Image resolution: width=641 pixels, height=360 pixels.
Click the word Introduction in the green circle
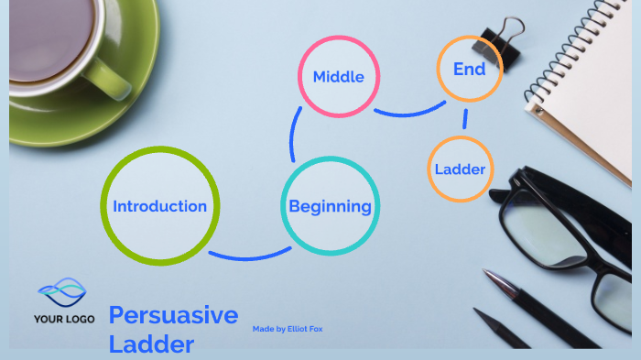[159, 206]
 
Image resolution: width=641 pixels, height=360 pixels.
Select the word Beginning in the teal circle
[330, 206]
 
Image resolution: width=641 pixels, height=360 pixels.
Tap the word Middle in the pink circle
[338, 76]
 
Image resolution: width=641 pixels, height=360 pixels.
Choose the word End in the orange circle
[469, 69]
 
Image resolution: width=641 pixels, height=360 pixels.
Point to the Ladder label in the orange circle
[460, 169]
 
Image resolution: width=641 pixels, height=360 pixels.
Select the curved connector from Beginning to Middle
[294, 137]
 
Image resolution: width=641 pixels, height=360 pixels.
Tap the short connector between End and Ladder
[466, 118]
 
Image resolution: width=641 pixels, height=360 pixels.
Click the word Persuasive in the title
[173, 316]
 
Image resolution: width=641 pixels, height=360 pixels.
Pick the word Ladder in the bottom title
[151, 344]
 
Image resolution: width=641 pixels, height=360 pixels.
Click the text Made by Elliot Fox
[288, 328]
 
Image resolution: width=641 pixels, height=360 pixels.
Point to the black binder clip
[496, 38]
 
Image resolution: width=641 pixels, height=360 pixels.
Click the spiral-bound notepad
[586, 82]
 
